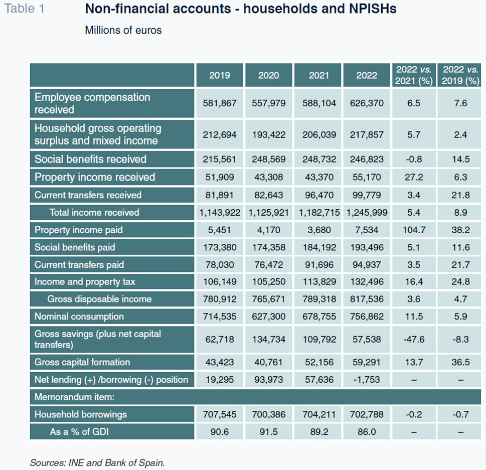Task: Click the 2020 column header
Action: [269, 75]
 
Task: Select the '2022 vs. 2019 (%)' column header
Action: [460, 75]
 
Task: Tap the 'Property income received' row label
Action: [95, 177]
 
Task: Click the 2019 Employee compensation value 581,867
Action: [220, 103]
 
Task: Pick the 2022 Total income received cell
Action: [367, 212]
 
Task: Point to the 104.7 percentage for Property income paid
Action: [414, 230]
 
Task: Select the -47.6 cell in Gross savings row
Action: [414, 339]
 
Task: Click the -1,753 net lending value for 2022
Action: [367, 380]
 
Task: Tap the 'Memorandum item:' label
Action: [74, 397]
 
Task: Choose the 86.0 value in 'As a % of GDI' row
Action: [367, 431]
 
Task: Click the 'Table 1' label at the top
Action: [24, 9]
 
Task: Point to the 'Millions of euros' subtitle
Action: [123, 30]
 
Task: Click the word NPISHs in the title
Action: [373, 9]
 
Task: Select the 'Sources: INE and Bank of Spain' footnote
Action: [97, 462]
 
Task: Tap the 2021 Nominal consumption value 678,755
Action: [319, 316]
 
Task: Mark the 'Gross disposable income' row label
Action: [99, 299]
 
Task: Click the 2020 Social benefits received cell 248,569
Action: [269, 159]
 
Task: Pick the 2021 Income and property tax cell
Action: [319, 281]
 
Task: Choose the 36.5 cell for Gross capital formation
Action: [460, 362]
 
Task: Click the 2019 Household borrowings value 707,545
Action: [220, 414]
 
